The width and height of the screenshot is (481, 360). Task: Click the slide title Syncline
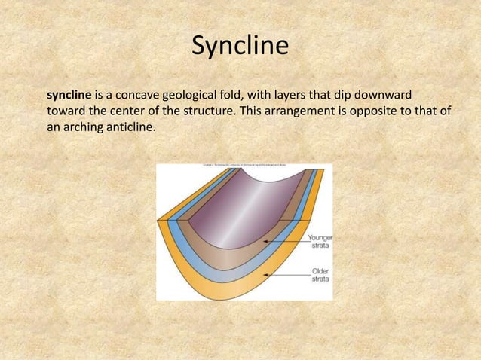(240, 47)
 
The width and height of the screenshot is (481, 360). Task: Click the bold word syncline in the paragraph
(69, 96)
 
